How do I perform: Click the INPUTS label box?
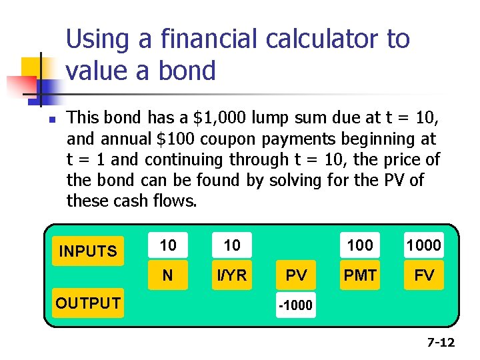point(88,251)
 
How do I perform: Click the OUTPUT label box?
point(88,303)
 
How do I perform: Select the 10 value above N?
point(168,245)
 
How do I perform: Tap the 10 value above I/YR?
point(232,245)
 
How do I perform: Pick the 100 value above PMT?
point(360,245)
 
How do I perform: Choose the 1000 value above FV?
point(424,245)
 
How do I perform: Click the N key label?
point(168,275)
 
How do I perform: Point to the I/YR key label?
point(232,275)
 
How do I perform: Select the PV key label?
point(296,275)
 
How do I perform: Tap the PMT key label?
point(360,275)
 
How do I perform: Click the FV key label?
point(424,275)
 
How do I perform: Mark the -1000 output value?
point(296,306)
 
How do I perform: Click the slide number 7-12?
point(441,343)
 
